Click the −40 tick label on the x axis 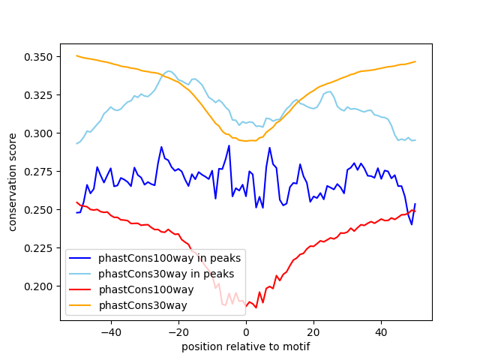(x=110, y=331)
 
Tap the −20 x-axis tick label (x=178, y=331)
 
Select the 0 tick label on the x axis (x=246, y=331)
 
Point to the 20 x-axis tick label (x=313, y=331)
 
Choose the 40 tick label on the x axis (x=381, y=331)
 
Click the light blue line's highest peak (x=169, y=71)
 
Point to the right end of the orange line (x=415, y=61)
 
